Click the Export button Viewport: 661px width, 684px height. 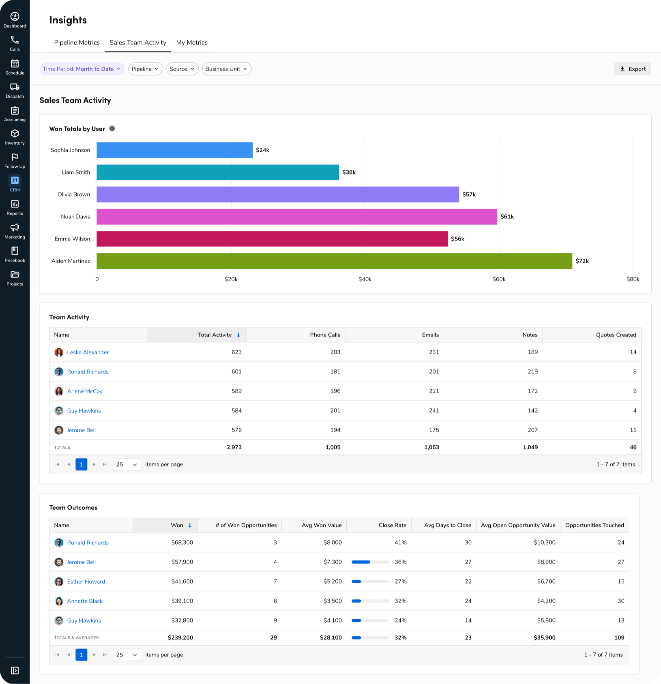coord(632,69)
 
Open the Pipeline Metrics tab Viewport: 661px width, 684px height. coord(77,43)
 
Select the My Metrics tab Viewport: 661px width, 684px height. coord(192,43)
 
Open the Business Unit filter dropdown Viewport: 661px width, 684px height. coord(226,69)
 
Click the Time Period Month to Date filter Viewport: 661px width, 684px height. coord(82,69)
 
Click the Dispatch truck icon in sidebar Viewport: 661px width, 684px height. coord(15,87)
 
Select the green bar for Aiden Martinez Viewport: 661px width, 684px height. coord(334,261)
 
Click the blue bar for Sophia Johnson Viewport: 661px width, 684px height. coord(174,150)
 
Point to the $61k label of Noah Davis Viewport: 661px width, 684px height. coord(507,217)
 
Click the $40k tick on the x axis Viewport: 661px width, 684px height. coord(365,279)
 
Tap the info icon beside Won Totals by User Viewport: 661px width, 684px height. coord(112,129)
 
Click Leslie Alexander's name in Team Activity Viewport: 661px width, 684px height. coord(88,352)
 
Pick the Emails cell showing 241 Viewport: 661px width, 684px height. coord(434,411)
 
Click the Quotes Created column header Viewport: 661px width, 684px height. coord(616,335)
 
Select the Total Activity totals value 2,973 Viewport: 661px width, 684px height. coord(234,447)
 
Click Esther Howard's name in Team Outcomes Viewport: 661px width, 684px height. coord(86,582)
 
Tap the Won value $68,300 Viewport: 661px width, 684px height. coord(182,543)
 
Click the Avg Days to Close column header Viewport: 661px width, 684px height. coord(447,525)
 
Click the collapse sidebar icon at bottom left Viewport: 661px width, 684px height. coord(15,671)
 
